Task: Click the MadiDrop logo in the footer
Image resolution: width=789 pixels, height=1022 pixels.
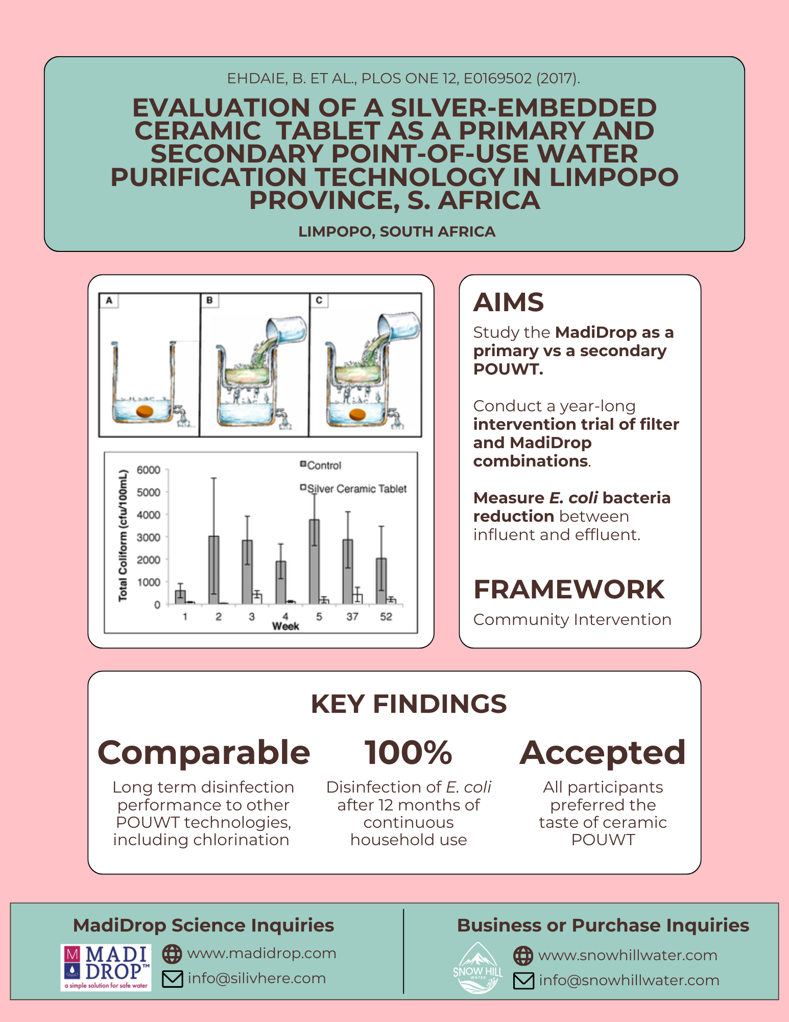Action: (x=106, y=967)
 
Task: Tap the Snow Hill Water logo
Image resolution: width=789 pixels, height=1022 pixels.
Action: (x=477, y=967)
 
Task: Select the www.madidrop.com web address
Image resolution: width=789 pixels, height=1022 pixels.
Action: (x=261, y=954)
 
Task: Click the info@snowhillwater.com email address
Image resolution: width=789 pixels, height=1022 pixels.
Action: (x=629, y=980)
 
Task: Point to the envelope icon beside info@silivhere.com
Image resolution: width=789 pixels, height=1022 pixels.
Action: (x=172, y=979)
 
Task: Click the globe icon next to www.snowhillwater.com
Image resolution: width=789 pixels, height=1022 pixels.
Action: (x=523, y=955)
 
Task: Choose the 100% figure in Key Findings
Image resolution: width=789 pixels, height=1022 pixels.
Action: (x=408, y=753)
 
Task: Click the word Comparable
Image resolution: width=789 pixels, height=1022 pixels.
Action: (x=204, y=753)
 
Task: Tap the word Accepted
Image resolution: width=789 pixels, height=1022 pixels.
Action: (x=603, y=753)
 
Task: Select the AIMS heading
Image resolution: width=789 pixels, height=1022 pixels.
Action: (x=509, y=302)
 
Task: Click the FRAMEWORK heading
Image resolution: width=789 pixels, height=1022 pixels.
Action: (x=569, y=589)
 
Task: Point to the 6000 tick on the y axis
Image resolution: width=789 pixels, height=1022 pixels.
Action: (x=149, y=470)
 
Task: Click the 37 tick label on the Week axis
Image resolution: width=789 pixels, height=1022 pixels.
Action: (x=352, y=617)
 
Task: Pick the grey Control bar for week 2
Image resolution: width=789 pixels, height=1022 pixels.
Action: (x=214, y=570)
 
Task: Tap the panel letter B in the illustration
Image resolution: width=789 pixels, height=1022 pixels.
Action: (x=209, y=300)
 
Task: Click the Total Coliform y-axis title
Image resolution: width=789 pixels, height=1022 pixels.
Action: (x=123, y=536)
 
